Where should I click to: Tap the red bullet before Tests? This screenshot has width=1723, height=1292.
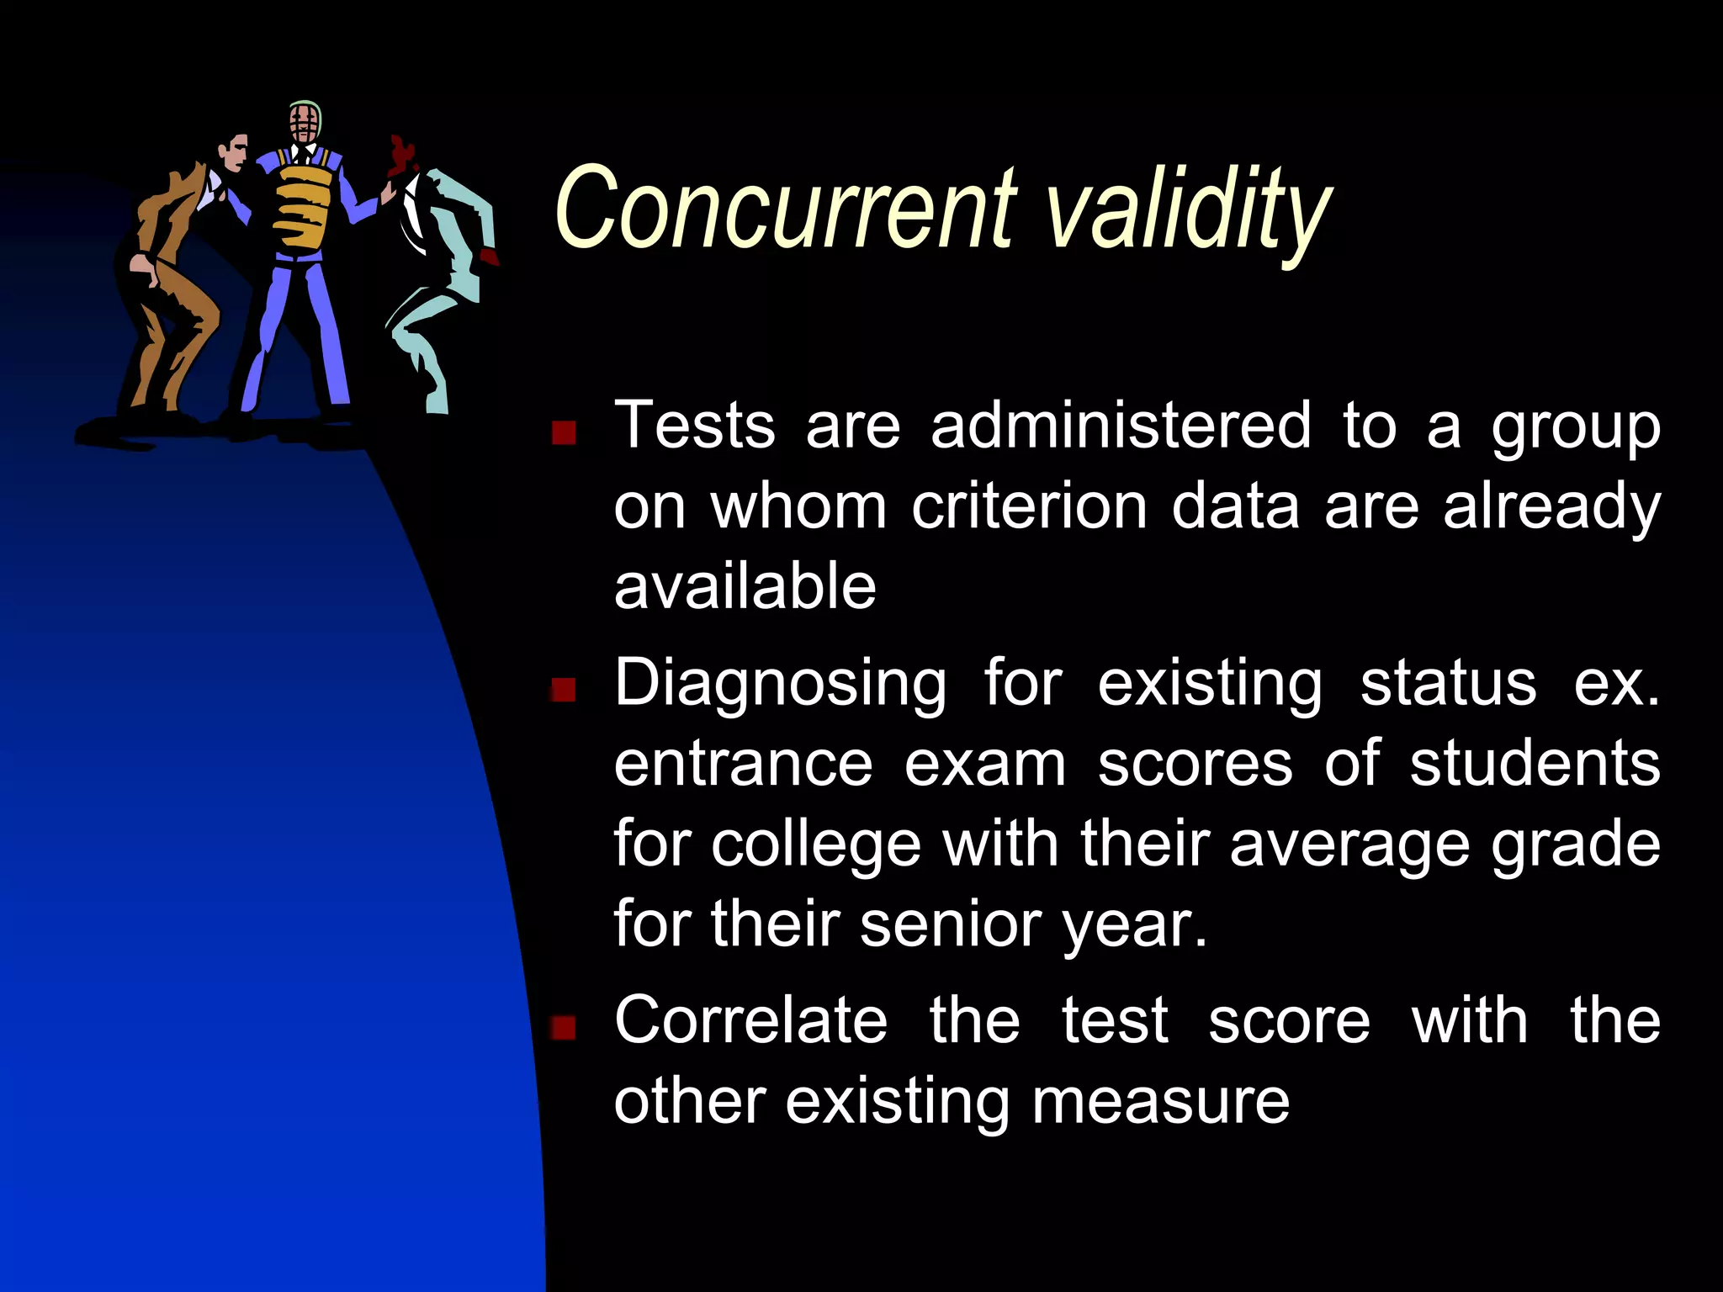tap(563, 432)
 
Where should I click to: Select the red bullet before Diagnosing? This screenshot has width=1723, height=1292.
tap(563, 690)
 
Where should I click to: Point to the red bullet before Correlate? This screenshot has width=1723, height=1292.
tap(563, 1027)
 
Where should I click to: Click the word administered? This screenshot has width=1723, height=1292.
tap(1121, 426)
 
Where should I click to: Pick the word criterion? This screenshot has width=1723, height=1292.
tap(1029, 507)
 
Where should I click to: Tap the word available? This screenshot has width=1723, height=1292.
tap(745, 586)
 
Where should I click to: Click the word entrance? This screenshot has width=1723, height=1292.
tap(744, 765)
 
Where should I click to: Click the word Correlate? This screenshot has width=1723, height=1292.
tap(750, 1020)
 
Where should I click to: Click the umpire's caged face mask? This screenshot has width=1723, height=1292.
tap(304, 124)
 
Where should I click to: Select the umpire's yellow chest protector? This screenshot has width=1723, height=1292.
tap(302, 206)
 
